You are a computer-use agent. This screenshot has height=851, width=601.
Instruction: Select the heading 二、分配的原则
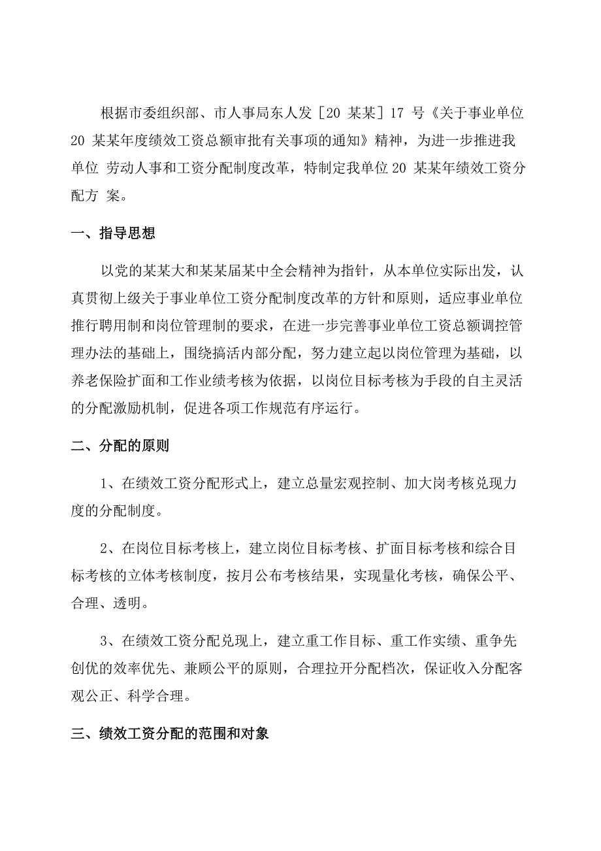point(120,447)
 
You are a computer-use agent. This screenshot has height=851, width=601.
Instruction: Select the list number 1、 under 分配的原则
point(107,484)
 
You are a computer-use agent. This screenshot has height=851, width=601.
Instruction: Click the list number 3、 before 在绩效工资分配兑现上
point(107,639)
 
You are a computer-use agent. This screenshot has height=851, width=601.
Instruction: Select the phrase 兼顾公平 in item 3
point(235,667)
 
